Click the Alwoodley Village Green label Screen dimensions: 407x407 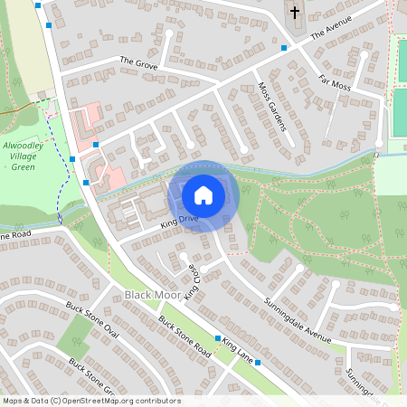[x=29, y=155]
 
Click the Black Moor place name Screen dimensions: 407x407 [x=148, y=295]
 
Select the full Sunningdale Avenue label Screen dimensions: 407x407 [x=298, y=314]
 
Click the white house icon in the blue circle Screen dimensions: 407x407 [x=203, y=194]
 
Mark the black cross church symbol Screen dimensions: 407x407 [x=295, y=13]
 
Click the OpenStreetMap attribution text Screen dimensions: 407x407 [x=91, y=401]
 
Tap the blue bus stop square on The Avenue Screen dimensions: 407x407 [x=284, y=47]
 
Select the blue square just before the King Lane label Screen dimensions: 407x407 [x=217, y=338]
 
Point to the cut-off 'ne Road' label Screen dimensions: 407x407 [x=16, y=235]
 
